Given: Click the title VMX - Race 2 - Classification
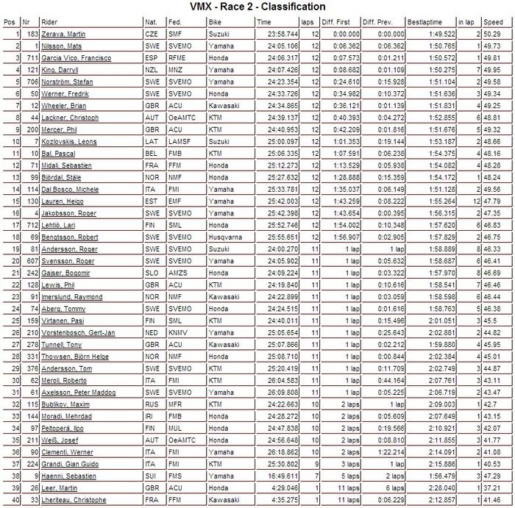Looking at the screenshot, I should (x=257, y=7).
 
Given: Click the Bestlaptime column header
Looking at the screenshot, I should (x=422, y=23).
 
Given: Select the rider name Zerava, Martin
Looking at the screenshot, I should (x=63, y=34).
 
